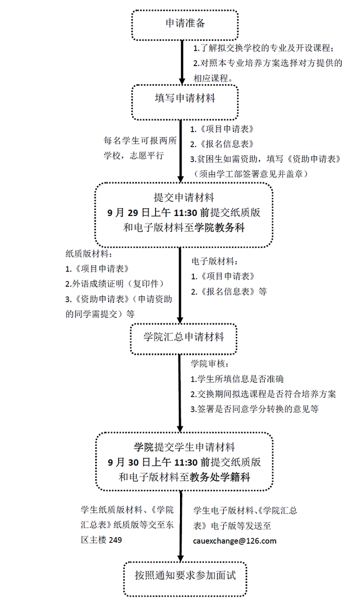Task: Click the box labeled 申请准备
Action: coord(185,24)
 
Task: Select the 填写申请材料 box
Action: coord(185,103)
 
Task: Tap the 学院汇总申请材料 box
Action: coord(184,339)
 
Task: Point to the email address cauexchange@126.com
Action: coord(235,541)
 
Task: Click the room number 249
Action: coord(115,540)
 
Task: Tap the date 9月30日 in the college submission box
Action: coord(128,463)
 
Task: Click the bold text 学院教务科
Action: coord(220,227)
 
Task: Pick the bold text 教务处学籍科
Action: coord(220,477)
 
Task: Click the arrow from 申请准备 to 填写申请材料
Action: coord(182,62)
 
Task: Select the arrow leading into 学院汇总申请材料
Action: coord(180,285)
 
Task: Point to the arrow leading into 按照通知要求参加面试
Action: coord(181,526)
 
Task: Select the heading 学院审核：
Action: coord(208,364)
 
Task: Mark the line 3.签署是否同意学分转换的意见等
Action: coord(254,410)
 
